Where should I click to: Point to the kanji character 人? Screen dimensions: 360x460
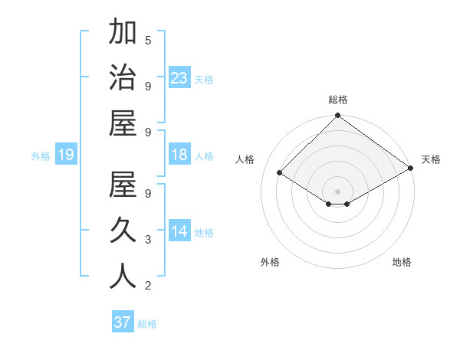(123, 276)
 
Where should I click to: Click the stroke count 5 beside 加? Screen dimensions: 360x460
(148, 40)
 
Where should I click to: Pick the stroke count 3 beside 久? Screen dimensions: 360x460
(148, 240)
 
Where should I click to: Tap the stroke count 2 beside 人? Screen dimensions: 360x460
(148, 286)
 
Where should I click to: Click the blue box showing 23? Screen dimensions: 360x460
(179, 77)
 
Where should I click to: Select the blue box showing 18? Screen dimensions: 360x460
(179, 155)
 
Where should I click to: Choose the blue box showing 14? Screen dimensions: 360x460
(179, 231)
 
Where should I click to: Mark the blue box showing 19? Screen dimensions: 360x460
(65, 155)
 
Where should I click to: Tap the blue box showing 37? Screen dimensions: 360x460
(122, 322)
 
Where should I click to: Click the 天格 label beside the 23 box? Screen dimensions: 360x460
(204, 79)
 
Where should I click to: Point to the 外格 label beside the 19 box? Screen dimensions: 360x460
(41, 155)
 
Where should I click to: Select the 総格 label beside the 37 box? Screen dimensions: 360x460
(147, 323)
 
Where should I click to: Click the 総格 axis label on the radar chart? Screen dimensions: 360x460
(337, 100)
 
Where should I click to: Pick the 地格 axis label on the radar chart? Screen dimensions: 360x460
(402, 262)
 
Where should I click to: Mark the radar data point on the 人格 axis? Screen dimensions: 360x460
(280, 173)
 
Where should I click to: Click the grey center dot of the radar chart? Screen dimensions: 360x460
(337, 191)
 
